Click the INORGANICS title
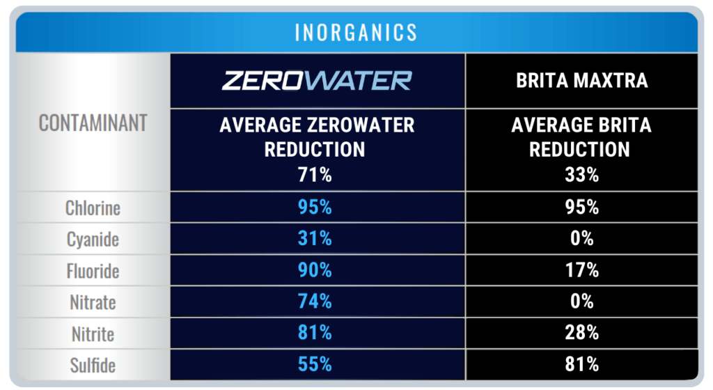coord(356,32)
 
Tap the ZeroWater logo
coord(317,80)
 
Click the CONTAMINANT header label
coord(93,123)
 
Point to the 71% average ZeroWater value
coord(317,174)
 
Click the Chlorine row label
coord(93,208)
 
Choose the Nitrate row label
coord(93,302)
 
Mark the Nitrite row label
coord(94,334)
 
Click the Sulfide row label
coord(93,365)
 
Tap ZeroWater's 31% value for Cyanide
coord(317,239)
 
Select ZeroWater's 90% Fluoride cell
coord(317,270)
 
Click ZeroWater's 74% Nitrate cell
coord(317,302)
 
